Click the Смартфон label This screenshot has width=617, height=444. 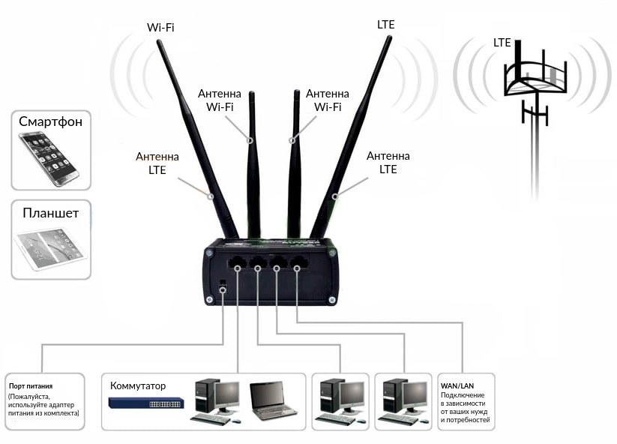click(51, 121)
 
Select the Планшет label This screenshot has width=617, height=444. click(51, 213)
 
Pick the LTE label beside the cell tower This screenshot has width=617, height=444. click(502, 43)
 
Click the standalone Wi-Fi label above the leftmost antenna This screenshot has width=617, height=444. click(160, 28)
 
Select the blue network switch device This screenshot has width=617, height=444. click(146, 403)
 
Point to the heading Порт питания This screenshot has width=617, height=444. click(31, 386)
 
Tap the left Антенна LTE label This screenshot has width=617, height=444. click(157, 163)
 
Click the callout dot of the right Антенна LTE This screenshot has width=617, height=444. click(335, 196)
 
